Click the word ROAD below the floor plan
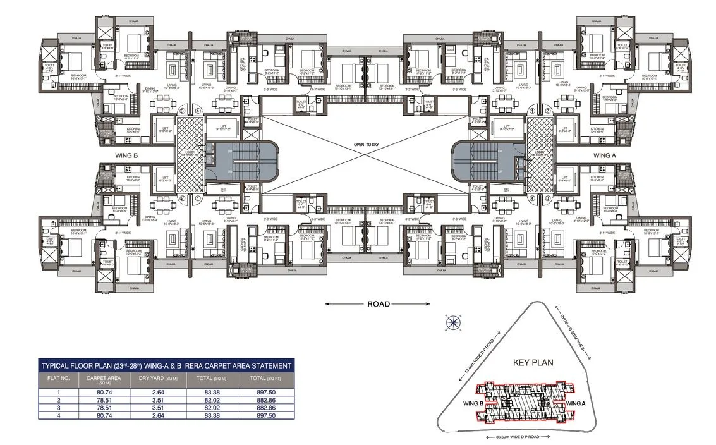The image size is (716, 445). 379,304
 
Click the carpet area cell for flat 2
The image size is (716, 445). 99,399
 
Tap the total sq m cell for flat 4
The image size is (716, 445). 210,415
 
